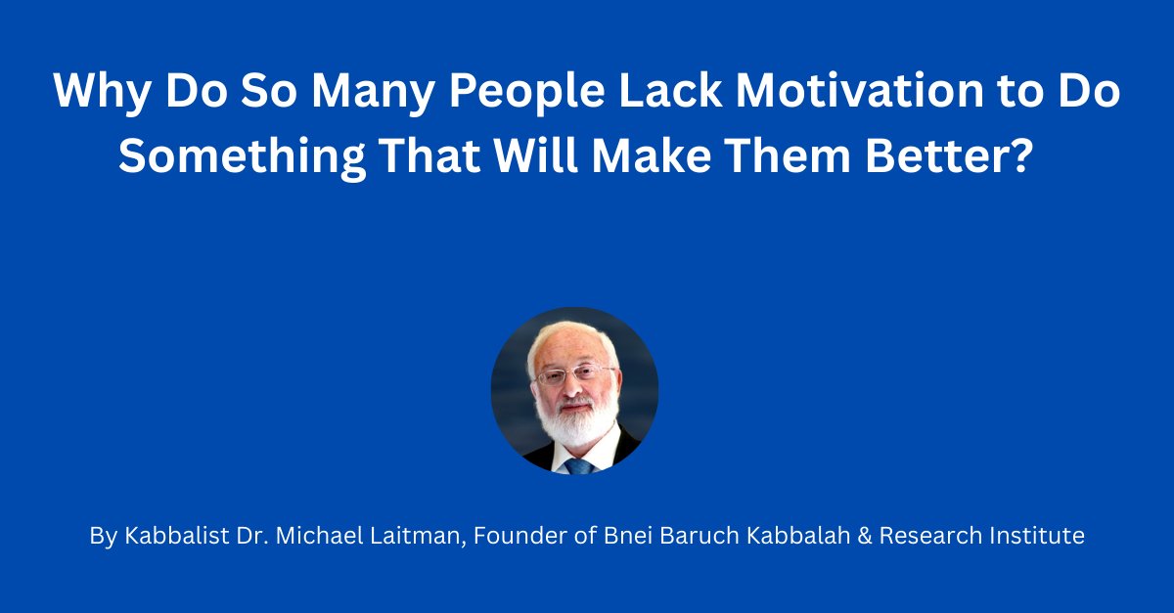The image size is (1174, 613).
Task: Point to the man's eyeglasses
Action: (x=574, y=374)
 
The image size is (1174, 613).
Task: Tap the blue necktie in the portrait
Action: (x=578, y=466)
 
